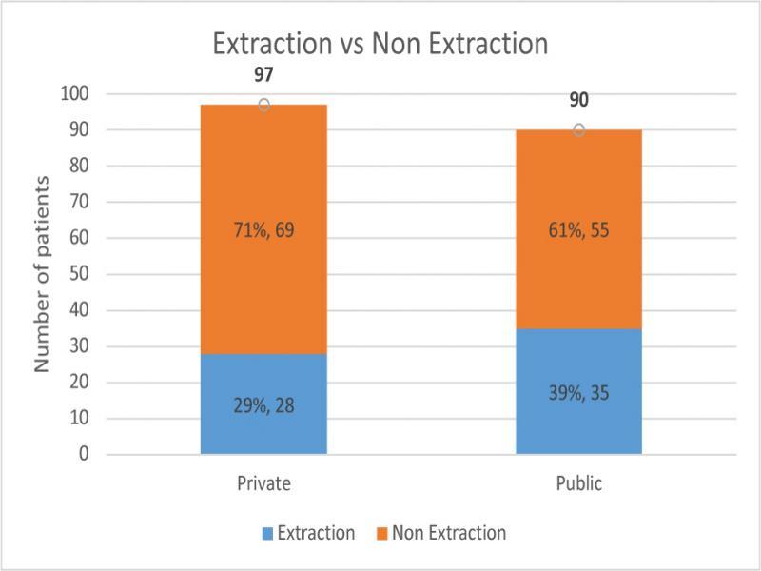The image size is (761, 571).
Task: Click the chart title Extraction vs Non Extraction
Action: pyautogui.click(x=380, y=45)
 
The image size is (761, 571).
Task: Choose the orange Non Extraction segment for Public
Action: pyautogui.click(x=578, y=190)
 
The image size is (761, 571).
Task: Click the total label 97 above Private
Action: pyautogui.click(x=263, y=76)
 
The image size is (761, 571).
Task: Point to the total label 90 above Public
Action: pyautogui.click(x=578, y=100)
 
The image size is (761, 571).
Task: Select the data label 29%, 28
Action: pyautogui.click(x=263, y=404)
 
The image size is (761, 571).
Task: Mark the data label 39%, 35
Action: pyautogui.click(x=578, y=392)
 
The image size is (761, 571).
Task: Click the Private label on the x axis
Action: pyautogui.click(x=263, y=484)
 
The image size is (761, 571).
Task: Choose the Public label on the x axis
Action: pyautogui.click(x=578, y=484)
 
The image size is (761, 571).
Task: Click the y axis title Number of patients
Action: pyautogui.click(x=43, y=274)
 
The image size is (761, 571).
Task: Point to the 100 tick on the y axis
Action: pyautogui.click(x=76, y=93)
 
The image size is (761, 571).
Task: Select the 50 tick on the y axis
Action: pyautogui.click(x=80, y=274)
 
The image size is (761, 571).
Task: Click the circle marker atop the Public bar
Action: pyautogui.click(x=578, y=129)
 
